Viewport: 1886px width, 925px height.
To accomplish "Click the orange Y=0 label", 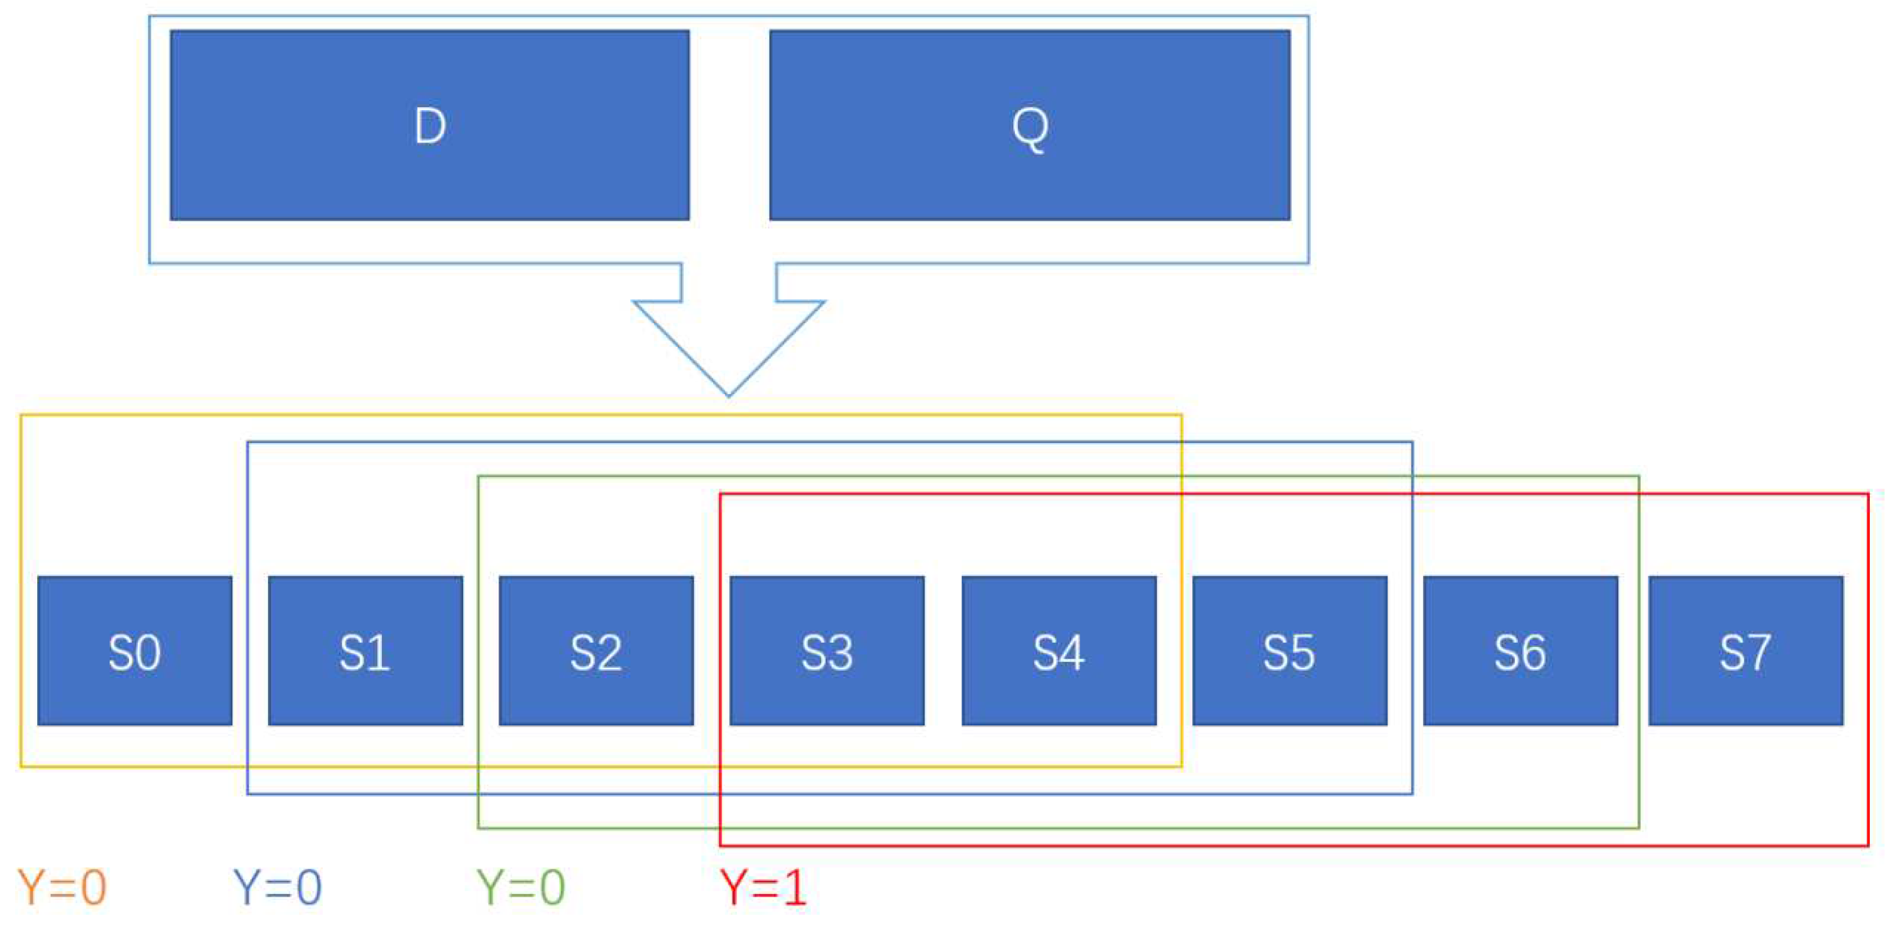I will point(62,887).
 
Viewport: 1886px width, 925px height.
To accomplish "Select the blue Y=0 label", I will point(277,887).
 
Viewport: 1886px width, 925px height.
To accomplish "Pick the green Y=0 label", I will point(521,887).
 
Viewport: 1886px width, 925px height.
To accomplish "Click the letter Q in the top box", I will point(1030,128).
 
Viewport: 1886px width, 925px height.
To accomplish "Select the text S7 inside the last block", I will point(1745,652).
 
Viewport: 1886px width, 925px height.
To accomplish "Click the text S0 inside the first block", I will point(135,652).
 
